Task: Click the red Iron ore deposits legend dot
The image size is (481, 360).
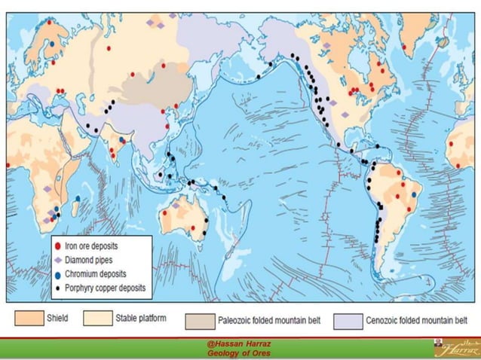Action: pyautogui.click(x=57, y=246)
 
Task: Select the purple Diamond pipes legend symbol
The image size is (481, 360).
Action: pyautogui.click(x=57, y=259)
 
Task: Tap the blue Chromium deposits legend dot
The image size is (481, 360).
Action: pyautogui.click(x=57, y=273)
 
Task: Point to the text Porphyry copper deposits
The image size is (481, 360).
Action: pyautogui.click(x=106, y=287)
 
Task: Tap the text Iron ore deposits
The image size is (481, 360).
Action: pyautogui.click(x=95, y=246)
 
